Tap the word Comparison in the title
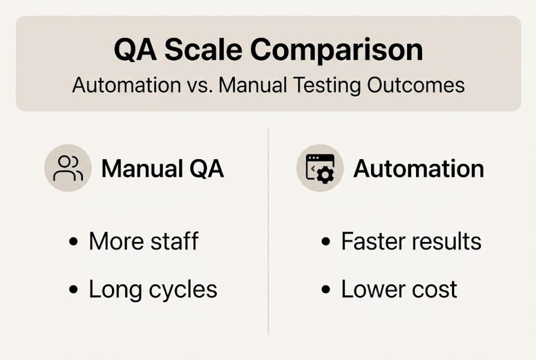click(x=336, y=50)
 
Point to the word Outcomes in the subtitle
click(x=416, y=85)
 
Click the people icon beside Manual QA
click(x=68, y=168)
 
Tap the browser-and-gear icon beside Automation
click(x=320, y=168)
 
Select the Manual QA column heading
click(x=162, y=169)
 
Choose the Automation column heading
click(x=419, y=169)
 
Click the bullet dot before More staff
click(x=74, y=242)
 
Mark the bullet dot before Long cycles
click(x=74, y=290)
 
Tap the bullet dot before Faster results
click(x=326, y=242)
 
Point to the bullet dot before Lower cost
click(x=326, y=290)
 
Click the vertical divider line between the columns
click(x=268, y=230)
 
